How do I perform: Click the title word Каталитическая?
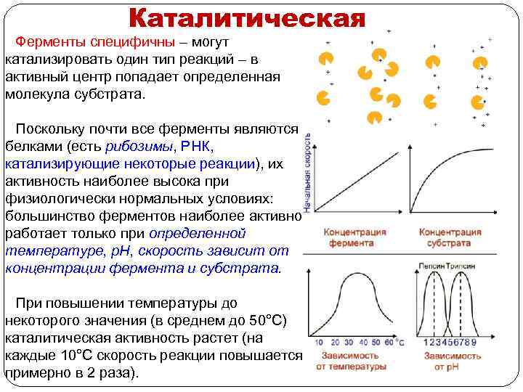(x=247, y=17)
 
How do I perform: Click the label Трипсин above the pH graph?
(x=461, y=267)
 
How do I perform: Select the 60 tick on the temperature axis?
(x=389, y=342)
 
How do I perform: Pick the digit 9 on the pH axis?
(x=474, y=342)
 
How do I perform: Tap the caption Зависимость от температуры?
(x=351, y=362)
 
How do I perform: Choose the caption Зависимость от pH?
(x=453, y=362)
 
